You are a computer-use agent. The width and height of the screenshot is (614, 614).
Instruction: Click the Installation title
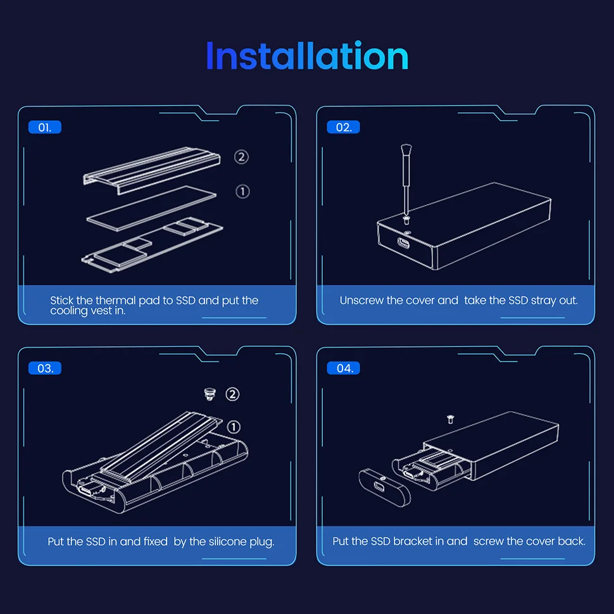(308, 56)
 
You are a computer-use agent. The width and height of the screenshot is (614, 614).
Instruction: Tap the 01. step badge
(45, 127)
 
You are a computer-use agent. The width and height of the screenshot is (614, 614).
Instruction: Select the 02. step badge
(344, 127)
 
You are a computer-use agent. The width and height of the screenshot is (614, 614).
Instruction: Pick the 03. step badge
(45, 368)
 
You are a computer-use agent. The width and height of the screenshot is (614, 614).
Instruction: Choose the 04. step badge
(344, 368)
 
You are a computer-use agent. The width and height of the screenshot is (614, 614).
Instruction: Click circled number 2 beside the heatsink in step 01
(241, 157)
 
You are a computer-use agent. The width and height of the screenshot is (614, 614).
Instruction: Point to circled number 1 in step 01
(242, 192)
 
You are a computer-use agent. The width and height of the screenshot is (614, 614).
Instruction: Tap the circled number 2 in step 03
(232, 394)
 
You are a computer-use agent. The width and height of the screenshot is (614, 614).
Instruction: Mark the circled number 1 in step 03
(234, 427)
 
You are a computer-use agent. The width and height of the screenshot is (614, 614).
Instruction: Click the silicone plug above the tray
(210, 394)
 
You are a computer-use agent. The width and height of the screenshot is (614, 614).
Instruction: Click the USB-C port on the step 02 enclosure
(404, 244)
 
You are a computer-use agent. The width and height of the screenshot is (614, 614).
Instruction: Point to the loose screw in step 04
(450, 420)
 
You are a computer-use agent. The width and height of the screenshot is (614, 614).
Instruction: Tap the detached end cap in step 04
(384, 487)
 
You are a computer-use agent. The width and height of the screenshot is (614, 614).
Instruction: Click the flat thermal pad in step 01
(151, 208)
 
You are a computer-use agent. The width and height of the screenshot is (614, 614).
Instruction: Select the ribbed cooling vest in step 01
(151, 170)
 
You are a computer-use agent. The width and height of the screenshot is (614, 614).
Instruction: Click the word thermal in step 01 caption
(115, 300)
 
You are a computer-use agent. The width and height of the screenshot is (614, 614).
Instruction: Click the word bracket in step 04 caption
(412, 541)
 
